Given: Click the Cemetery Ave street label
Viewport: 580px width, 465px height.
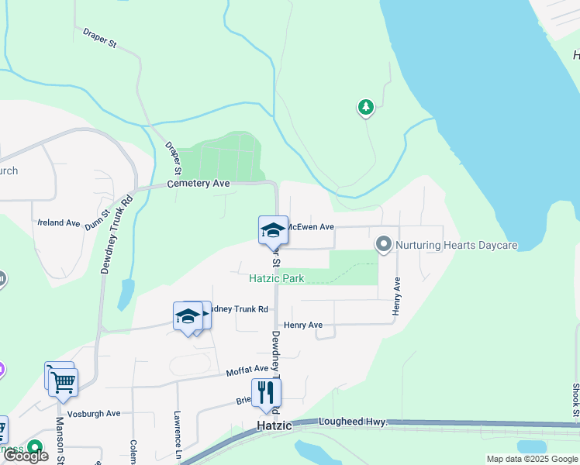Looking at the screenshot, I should point(199,184).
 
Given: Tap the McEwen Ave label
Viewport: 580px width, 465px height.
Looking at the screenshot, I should point(311,227).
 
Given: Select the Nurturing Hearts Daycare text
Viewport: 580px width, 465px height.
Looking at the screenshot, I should point(456,245).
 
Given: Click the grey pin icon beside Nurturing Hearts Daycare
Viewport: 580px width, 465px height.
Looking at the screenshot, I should point(383,245).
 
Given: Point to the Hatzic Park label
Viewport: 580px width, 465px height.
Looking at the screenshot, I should point(277,278).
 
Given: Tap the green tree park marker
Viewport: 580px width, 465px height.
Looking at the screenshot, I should point(366,107).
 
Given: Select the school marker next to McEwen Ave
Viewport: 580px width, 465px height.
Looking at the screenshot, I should point(273,230).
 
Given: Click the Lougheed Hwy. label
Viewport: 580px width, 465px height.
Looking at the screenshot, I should point(352,422).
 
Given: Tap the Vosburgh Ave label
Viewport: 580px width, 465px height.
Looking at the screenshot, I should point(93,413).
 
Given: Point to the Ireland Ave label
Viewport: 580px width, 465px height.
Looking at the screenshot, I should point(58,222).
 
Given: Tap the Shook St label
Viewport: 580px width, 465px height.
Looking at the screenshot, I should point(575,399).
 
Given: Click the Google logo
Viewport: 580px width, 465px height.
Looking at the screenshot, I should point(26,456).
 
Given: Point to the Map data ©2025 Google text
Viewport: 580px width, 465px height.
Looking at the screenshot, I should point(532,459).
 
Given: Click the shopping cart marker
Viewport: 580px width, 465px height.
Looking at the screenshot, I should point(63,381).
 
